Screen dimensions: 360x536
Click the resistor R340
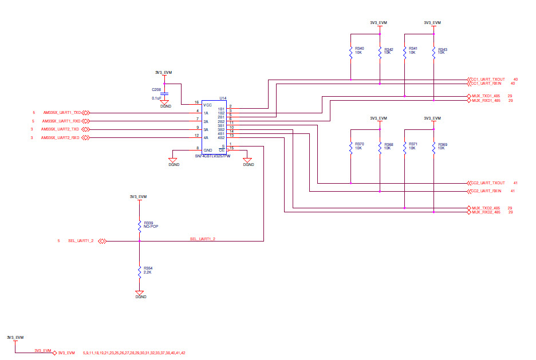click(350, 53)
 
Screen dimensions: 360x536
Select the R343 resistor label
click(442, 49)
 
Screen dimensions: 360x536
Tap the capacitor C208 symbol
click(165, 93)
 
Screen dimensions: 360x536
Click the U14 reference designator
click(223, 98)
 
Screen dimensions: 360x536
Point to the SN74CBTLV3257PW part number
click(213, 156)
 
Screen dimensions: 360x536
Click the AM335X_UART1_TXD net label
click(62, 113)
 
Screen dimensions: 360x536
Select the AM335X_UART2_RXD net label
click(61, 138)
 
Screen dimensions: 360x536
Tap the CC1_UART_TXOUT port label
click(488, 80)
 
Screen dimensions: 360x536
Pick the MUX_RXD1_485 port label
click(486, 101)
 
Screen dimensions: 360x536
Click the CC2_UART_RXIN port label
click(486, 191)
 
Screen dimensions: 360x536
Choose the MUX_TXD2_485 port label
click(486, 208)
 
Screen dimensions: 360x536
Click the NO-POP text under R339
click(151, 227)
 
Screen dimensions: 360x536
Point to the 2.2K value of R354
click(148, 272)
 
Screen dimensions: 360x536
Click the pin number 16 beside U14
click(197, 102)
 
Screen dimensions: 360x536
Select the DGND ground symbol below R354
click(139, 293)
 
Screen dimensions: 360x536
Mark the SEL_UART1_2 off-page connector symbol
click(101, 241)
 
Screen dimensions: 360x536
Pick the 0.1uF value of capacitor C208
click(156, 98)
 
